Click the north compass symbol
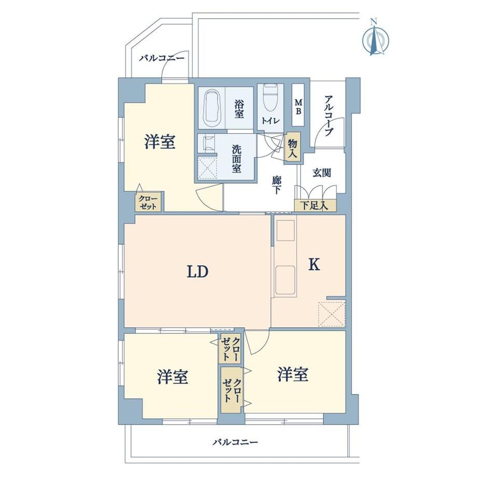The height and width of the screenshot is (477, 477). coord(375,38)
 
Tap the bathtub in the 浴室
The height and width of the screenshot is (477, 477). coord(212,108)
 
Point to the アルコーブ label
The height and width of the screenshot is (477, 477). coord(329,116)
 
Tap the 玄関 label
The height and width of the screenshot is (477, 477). coord(321,173)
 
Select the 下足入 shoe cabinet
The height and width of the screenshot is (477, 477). coord(315,206)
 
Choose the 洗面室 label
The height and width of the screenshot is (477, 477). coord(236,159)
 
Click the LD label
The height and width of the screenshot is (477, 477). coord(198,272)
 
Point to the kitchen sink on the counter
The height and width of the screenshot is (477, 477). coord(285,280)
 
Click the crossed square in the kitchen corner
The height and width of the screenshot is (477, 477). coord(332,314)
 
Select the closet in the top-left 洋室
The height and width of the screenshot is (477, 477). coord(148,202)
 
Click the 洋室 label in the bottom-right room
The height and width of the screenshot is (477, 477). coord(292,374)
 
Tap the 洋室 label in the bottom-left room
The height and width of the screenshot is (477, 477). coord(173,376)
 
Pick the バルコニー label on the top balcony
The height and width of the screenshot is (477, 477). coord(162,58)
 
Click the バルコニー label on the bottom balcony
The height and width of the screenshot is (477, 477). coord(235,442)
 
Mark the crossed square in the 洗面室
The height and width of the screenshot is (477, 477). coord(207,168)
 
